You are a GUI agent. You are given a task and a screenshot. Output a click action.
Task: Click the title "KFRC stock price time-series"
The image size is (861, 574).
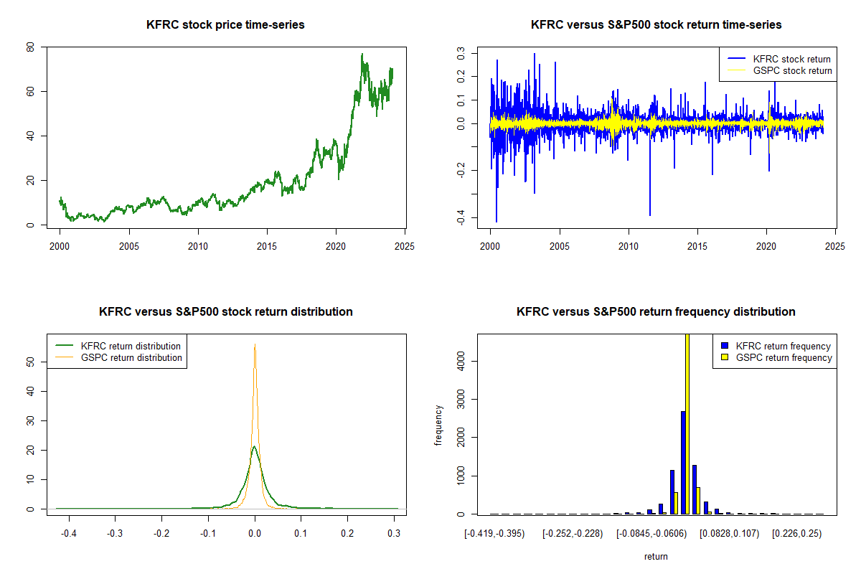[225, 25]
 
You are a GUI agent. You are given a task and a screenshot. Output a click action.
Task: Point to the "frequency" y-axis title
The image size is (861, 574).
[439, 425]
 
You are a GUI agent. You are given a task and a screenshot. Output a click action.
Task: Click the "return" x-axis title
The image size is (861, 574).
[656, 556]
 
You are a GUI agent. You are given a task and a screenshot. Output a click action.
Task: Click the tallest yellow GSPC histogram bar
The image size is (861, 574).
[687, 423]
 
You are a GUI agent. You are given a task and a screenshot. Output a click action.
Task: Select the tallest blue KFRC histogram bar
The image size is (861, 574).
[683, 463]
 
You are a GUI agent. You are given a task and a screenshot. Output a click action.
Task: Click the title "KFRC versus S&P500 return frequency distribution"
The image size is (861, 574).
[656, 312]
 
